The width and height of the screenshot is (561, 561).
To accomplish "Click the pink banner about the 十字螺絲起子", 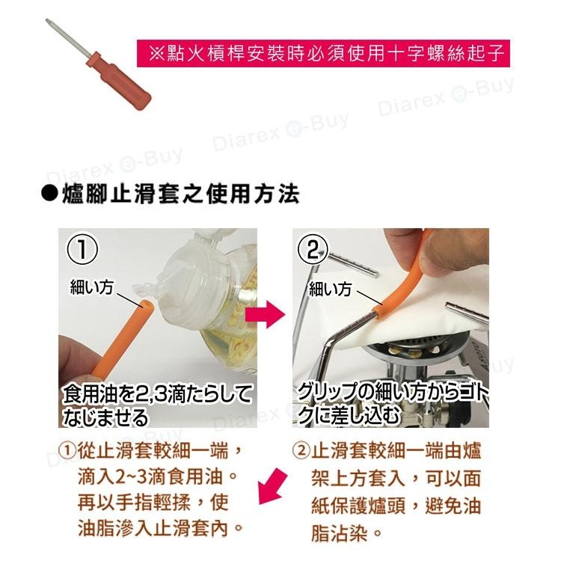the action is [323, 53].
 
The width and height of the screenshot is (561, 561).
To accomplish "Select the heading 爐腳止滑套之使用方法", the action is [181, 194].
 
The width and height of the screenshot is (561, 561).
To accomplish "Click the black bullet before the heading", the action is [49, 194].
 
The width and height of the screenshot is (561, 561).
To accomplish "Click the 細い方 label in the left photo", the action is [92, 287].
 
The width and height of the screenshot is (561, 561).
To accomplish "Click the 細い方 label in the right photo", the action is [330, 289].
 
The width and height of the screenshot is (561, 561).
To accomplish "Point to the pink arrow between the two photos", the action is [266, 314].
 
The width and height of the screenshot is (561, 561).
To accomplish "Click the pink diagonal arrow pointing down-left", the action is [272, 487].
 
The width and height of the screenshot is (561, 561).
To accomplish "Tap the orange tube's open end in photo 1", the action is [147, 305].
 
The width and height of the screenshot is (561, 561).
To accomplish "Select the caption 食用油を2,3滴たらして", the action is [157, 394].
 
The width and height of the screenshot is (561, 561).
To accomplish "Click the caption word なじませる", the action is [105, 417].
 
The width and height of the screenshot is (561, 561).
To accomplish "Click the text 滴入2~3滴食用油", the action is [150, 477].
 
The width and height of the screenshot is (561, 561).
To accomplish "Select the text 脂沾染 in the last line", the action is [339, 533].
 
